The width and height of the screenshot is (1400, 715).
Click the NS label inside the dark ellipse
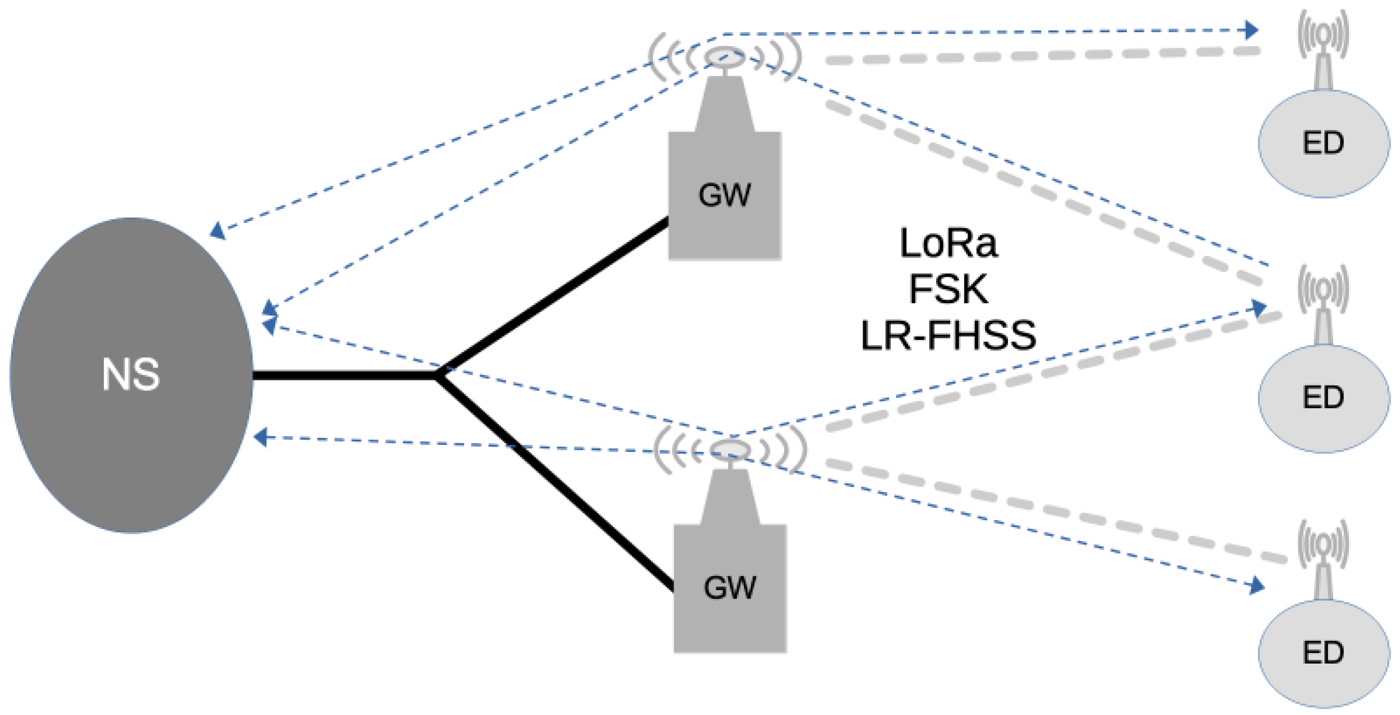click(131, 374)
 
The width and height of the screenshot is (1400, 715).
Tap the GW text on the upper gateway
click(724, 195)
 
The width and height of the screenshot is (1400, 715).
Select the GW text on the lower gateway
click(730, 588)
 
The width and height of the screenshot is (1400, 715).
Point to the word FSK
click(948, 289)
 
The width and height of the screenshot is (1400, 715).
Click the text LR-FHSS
click(948, 335)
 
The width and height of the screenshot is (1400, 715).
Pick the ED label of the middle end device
click(1324, 398)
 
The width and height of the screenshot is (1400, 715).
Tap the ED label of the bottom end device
click(1324, 653)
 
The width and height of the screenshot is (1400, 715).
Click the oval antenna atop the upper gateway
click(724, 57)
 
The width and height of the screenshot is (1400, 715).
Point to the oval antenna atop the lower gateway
click(731, 449)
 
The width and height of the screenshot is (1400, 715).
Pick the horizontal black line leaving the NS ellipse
click(342, 375)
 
